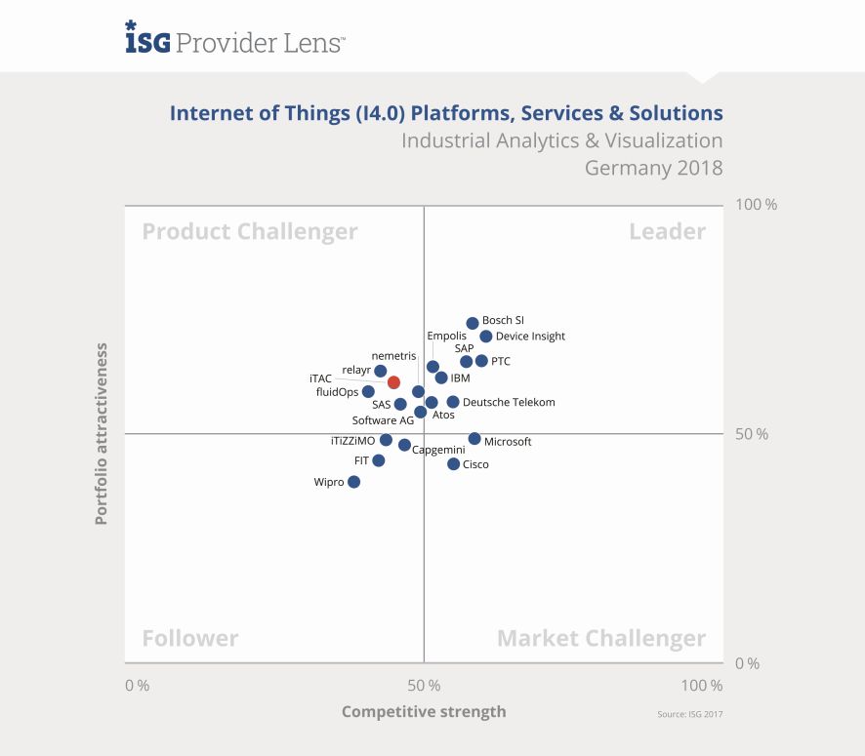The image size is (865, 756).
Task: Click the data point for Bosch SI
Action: point(473,323)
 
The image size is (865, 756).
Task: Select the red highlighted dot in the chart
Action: point(393,382)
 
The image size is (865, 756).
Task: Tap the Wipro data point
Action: point(353,482)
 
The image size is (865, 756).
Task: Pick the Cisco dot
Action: point(453,464)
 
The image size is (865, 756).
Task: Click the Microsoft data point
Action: point(474,439)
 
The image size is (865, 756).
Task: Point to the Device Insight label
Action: point(530,337)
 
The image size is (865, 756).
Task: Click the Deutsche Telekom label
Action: point(509,402)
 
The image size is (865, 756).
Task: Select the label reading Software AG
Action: point(383,421)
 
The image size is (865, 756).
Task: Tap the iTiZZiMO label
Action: point(352,441)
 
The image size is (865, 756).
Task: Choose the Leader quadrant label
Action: point(667,231)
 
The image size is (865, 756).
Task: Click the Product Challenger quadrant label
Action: point(250,231)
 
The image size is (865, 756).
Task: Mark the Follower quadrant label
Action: point(190,639)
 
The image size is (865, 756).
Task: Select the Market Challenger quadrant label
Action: point(601,639)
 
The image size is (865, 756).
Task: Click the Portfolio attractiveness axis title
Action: point(102,433)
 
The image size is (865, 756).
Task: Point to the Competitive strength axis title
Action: point(424,711)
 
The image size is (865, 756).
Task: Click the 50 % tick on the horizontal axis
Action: point(423,685)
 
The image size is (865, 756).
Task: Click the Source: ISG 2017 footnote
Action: point(690,715)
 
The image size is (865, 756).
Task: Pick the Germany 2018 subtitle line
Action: point(653,168)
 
